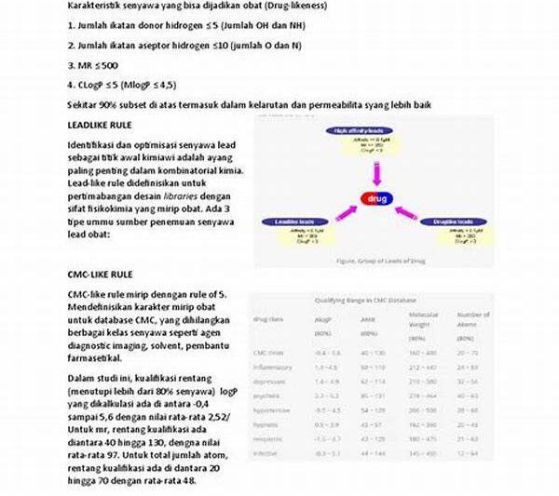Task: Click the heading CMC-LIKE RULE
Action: [x=101, y=275]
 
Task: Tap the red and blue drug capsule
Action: [x=377, y=198]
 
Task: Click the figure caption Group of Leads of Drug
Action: [x=379, y=261]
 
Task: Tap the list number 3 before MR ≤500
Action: [x=71, y=66]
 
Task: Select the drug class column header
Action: [x=270, y=320]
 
